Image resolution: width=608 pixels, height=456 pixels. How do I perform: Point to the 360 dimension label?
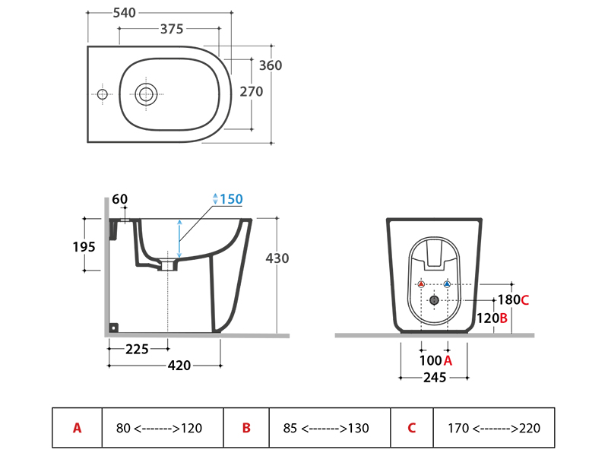click(271, 65)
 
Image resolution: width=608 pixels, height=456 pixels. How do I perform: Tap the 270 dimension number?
click(251, 91)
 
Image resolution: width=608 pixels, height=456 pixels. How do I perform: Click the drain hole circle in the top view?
click(146, 94)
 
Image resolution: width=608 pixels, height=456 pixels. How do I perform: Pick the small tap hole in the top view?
click(102, 94)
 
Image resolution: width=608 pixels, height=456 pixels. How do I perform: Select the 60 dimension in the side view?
click(120, 199)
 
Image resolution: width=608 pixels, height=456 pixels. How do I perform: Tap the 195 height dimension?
click(84, 247)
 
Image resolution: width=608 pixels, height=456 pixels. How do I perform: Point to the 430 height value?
click(277, 258)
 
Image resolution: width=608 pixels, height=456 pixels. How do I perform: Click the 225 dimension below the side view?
click(137, 349)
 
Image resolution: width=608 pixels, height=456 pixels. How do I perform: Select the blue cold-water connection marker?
click(447, 284)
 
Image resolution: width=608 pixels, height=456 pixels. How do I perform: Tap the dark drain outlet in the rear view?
click(434, 299)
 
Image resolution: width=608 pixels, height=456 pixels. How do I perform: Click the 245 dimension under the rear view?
click(434, 376)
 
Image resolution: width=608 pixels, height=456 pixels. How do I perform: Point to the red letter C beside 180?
click(524, 299)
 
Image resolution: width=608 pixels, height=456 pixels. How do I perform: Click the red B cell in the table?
click(246, 428)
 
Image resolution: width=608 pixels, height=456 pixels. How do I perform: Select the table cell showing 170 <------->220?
click(494, 428)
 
